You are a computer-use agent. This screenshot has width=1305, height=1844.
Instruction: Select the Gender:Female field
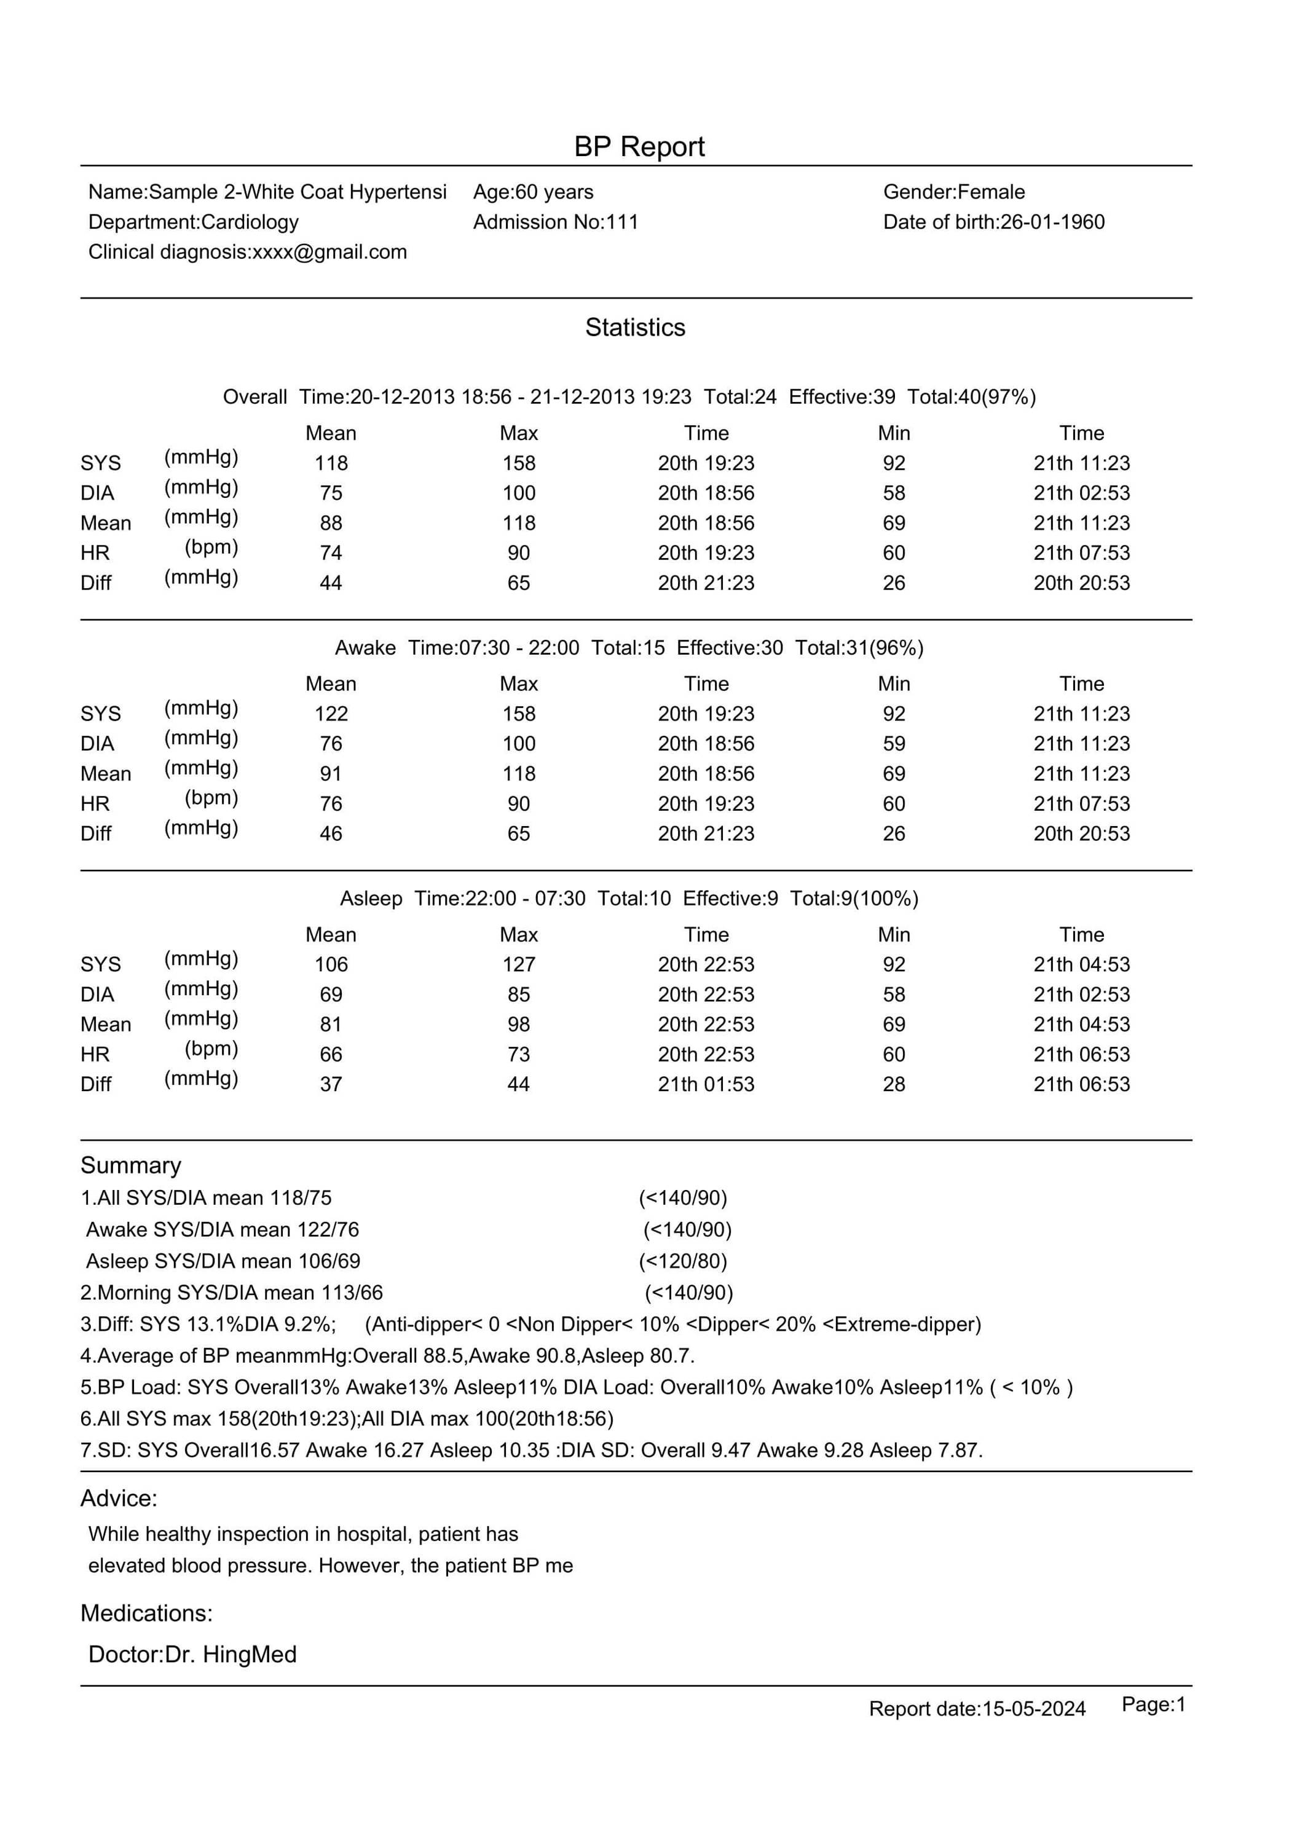pyautogui.click(x=954, y=192)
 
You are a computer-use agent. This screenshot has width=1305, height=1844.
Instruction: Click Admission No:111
pyautogui.click(x=555, y=222)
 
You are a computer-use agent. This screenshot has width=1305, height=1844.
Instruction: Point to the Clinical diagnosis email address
pyautogui.click(x=329, y=252)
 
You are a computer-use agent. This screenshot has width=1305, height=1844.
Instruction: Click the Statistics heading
pyautogui.click(x=635, y=328)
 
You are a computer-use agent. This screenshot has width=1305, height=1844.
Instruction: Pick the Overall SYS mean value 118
pyautogui.click(x=331, y=463)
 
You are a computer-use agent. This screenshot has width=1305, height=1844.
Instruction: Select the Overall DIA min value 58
pyautogui.click(x=894, y=494)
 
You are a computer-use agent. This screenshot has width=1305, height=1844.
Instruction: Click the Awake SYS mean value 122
pyautogui.click(x=331, y=714)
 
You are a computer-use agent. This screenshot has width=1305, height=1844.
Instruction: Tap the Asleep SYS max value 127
pyautogui.click(x=518, y=965)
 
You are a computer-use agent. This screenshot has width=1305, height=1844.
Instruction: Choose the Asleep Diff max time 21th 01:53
pyautogui.click(x=706, y=1085)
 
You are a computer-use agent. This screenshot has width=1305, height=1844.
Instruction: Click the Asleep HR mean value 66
pyautogui.click(x=331, y=1055)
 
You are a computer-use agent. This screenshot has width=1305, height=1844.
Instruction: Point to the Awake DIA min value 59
pyautogui.click(x=894, y=744)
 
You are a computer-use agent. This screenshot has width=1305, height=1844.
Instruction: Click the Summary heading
pyautogui.click(x=131, y=1166)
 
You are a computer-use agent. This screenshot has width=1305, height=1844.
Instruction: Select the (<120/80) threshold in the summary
pyautogui.click(x=683, y=1261)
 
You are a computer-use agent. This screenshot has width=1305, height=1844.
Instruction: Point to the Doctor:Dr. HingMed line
pyautogui.click(x=193, y=1655)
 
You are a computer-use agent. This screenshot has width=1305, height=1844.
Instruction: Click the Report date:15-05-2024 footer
pyautogui.click(x=977, y=1709)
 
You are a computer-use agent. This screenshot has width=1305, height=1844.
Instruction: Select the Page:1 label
pyautogui.click(x=1153, y=1705)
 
